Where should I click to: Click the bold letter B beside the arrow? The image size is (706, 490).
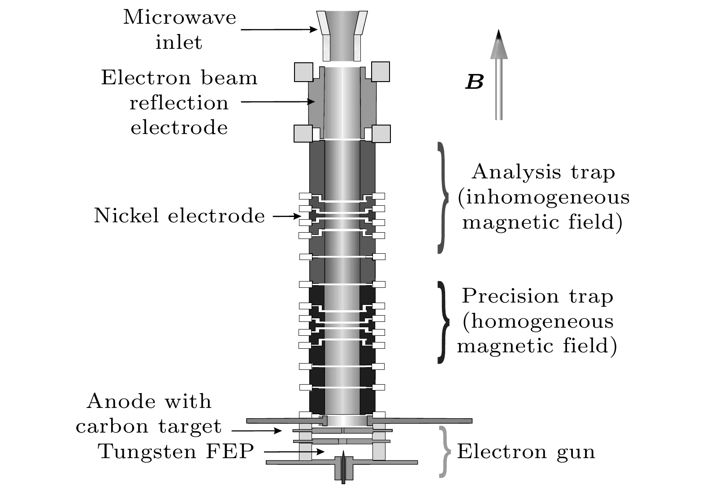coord(474,82)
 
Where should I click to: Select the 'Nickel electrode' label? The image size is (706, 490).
coord(179,216)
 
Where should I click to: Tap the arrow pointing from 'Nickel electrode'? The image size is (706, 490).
coord(287,217)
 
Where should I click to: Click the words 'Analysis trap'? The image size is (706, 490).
coord(543,172)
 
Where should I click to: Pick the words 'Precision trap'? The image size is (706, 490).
coord(537,296)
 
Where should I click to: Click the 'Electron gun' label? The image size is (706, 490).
coord(526,451)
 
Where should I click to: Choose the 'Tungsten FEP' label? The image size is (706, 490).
coord(177,451)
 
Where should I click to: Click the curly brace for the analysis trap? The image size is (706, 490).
coord(443,197)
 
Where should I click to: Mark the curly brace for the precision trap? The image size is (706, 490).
coord(443,321)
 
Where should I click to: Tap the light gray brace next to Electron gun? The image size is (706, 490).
coord(444,451)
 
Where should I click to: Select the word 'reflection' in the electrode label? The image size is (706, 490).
coord(179,103)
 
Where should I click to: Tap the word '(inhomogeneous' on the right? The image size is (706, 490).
coord(543,198)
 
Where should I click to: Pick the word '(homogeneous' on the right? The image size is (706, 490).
coord(537,321)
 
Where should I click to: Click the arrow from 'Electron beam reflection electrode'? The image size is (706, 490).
coord(278,102)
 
